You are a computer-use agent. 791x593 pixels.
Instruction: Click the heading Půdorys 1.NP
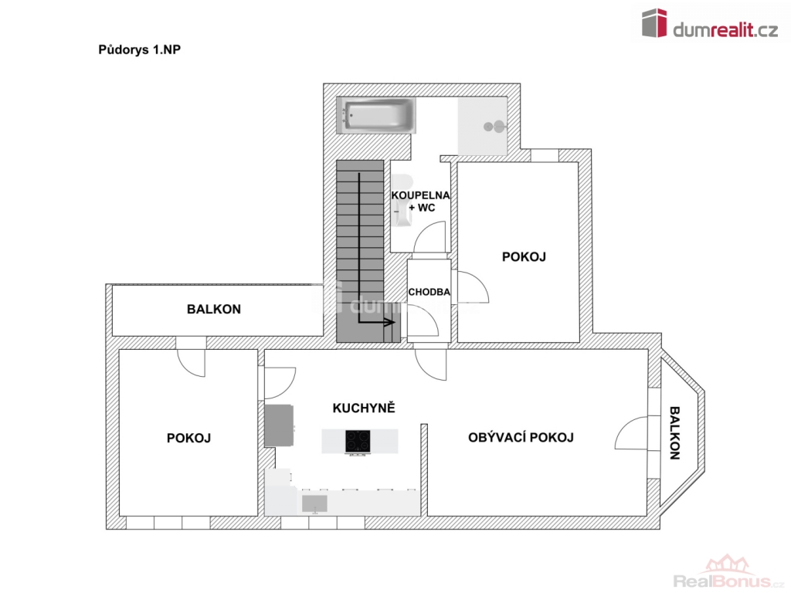coord(139,50)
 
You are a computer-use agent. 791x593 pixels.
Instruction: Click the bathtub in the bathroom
coord(376,116)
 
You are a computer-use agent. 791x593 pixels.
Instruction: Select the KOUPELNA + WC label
coord(421,202)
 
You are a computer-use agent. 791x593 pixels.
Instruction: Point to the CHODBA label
coord(429,292)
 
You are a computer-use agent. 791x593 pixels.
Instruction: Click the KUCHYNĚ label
coord(364,408)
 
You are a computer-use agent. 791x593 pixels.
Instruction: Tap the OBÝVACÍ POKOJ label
coord(521,437)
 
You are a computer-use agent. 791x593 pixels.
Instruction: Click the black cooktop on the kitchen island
coord(358,441)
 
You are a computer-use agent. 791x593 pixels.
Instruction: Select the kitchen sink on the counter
coord(315,503)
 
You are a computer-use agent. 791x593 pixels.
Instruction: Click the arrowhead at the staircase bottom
coord(390,322)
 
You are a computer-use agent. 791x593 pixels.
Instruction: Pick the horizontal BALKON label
coord(214,309)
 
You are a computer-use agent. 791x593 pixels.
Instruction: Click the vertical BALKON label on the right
coord(674,433)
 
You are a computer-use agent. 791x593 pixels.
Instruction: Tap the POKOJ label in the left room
coord(188,439)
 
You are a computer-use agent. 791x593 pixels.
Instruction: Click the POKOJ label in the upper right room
coord(524,256)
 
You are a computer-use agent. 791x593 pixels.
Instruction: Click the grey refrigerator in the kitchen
coord(279,425)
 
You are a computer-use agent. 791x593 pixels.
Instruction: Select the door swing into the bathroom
coord(429,236)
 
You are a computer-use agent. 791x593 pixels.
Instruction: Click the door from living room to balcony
coord(630,433)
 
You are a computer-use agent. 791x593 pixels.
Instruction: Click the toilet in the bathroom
coord(403,201)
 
